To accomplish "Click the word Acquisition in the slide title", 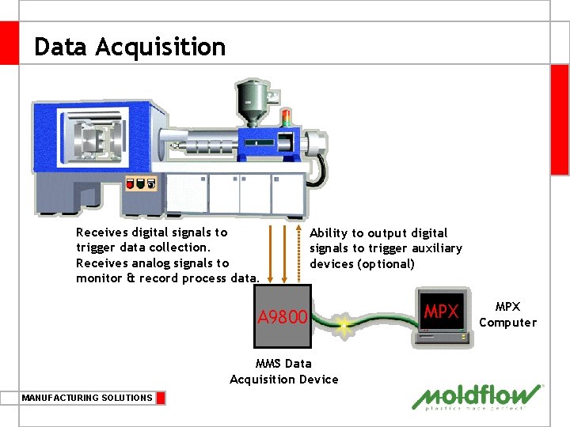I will pyautogui.click(x=161, y=47).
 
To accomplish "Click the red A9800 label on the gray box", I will pyautogui.click(x=282, y=317).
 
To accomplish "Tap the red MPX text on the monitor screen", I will pyautogui.click(x=441, y=312).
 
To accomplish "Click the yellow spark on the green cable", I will pyautogui.click(x=344, y=324).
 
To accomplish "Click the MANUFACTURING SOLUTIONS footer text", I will pyautogui.click(x=87, y=398).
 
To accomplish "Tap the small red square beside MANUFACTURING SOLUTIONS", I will pyautogui.click(x=161, y=398).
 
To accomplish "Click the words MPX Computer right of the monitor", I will pyautogui.click(x=507, y=315).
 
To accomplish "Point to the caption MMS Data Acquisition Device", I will pyautogui.click(x=283, y=372).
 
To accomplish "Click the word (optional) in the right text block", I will pyautogui.click(x=386, y=263).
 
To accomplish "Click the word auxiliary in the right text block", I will pyautogui.click(x=435, y=248).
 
